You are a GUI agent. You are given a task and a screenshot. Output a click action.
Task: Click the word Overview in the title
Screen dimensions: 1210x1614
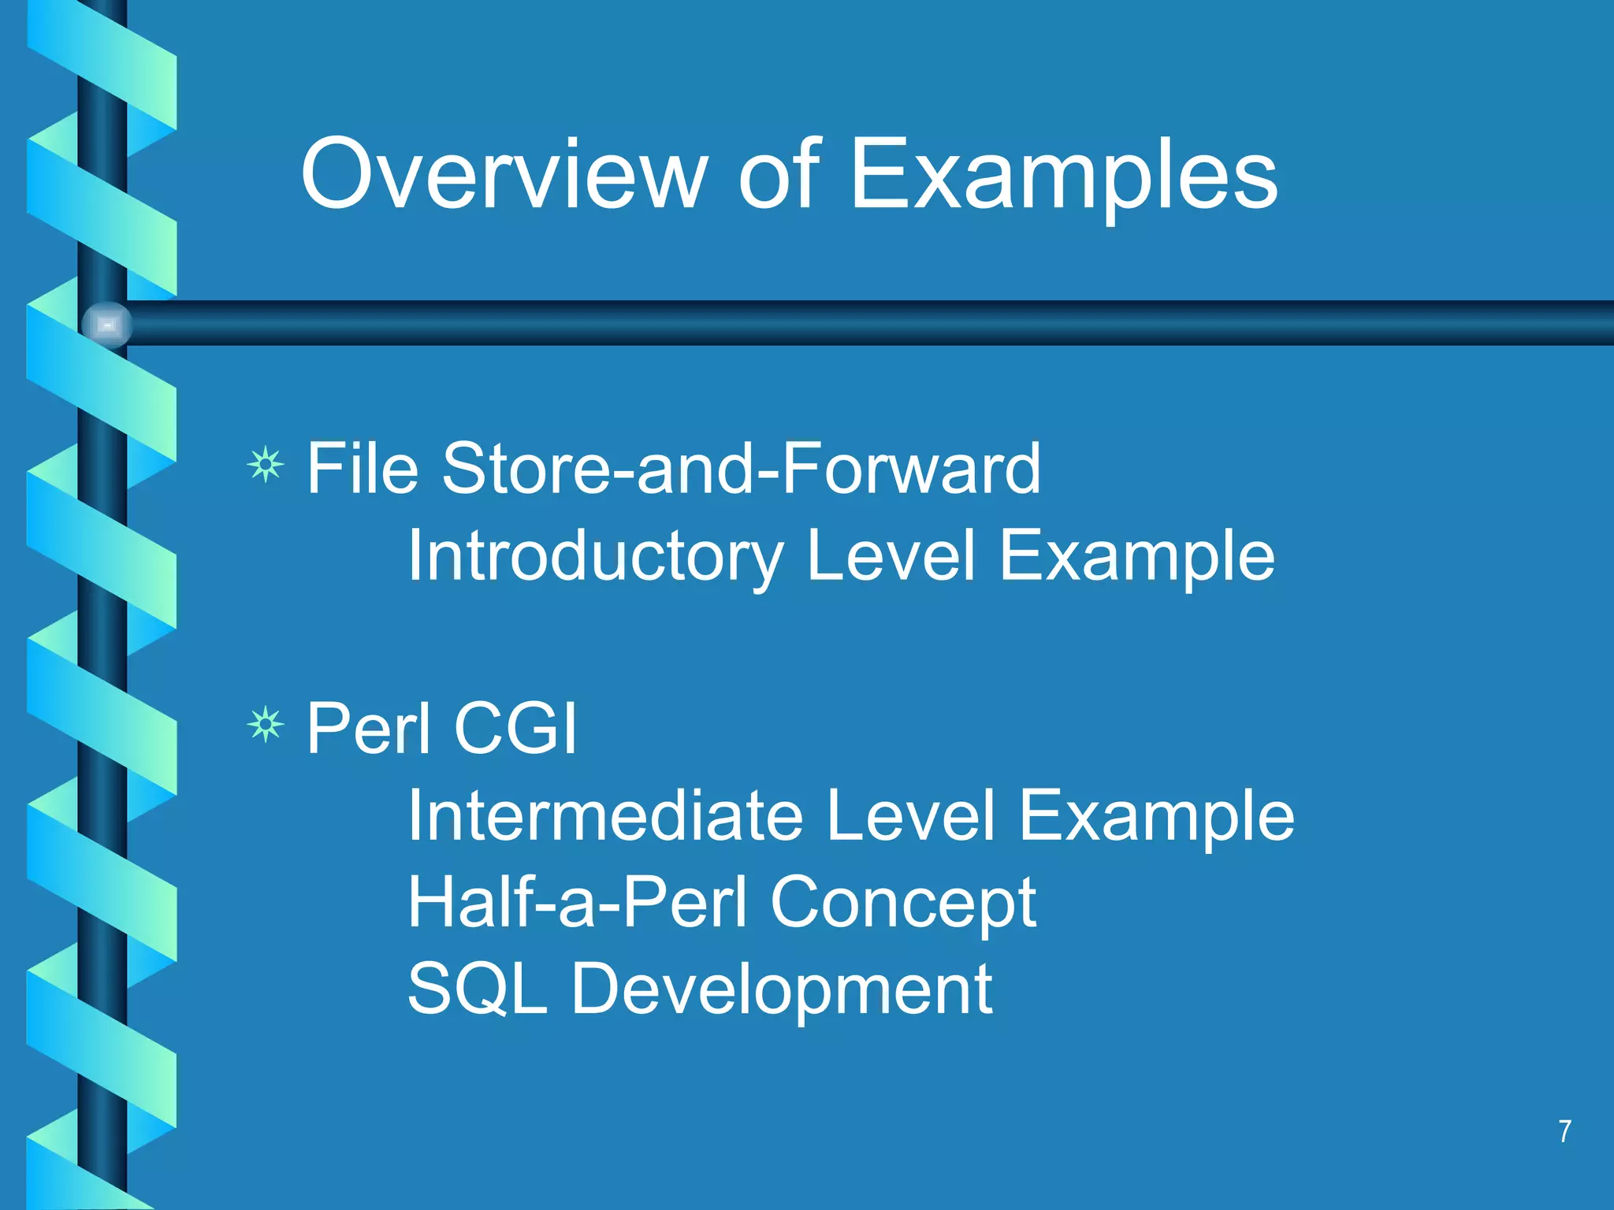click(504, 175)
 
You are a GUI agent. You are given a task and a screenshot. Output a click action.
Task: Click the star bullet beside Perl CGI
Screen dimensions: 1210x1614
click(266, 724)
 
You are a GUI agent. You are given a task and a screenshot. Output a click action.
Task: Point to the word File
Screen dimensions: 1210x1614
click(362, 469)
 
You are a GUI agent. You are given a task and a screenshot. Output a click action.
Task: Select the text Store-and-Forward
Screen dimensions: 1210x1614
click(741, 469)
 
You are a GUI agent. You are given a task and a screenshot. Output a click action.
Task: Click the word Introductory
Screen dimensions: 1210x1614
click(595, 557)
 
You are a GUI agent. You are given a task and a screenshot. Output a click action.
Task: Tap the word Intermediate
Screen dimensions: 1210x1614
click(605, 816)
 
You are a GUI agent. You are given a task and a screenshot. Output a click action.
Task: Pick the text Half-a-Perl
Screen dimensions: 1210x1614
click(578, 904)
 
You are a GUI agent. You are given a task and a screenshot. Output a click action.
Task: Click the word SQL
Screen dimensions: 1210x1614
click(477, 990)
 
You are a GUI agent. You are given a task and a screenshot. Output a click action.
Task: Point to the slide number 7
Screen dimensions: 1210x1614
click(1564, 1131)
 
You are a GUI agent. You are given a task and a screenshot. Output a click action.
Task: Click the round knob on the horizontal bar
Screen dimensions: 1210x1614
click(107, 325)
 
